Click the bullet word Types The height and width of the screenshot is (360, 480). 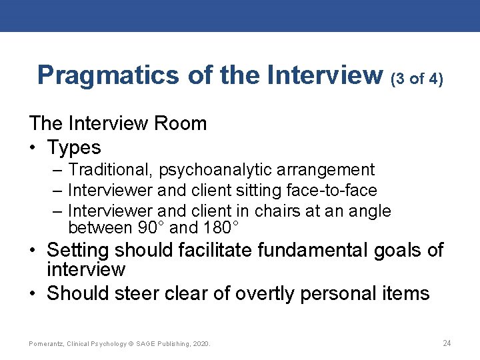point(74,147)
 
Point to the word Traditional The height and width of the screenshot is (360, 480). point(109,171)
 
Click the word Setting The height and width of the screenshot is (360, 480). point(78,251)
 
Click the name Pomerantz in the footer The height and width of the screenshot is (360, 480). point(47,344)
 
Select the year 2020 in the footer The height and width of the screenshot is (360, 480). point(200,344)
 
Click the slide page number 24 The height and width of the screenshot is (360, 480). point(447,343)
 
